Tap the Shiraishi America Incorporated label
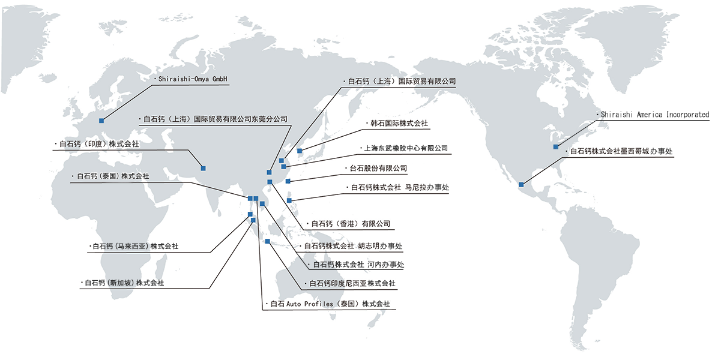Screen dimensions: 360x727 (x=655, y=115)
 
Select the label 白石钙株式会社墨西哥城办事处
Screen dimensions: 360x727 (x=622, y=151)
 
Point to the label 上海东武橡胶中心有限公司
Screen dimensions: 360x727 (x=406, y=148)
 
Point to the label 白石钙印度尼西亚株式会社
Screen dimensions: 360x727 (x=352, y=283)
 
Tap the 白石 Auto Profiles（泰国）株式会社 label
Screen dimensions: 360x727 (x=330, y=304)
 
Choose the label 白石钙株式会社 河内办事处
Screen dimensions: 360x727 (x=358, y=265)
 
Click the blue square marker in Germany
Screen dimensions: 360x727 (x=101, y=121)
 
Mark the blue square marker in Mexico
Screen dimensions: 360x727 (x=521, y=184)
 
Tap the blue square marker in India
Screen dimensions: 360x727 (x=204, y=167)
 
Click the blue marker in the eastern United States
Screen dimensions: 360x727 (x=556, y=146)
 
